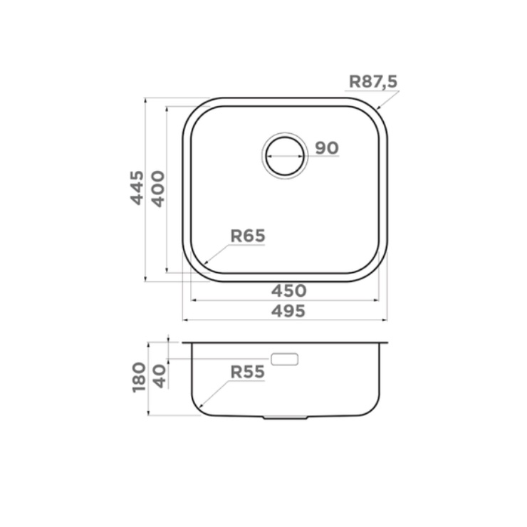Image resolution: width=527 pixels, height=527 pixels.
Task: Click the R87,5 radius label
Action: click(x=373, y=82)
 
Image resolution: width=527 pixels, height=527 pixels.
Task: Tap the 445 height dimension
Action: click(x=137, y=188)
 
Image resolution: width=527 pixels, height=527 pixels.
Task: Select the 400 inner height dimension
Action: click(x=158, y=189)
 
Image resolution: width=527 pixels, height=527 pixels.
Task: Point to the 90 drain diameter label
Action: click(x=327, y=148)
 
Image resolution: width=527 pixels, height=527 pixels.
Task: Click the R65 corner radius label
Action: click(x=248, y=236)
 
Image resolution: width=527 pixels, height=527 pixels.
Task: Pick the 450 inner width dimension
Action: click(x=288, y=291)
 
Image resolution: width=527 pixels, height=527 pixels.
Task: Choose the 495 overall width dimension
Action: click(x=288, y=311)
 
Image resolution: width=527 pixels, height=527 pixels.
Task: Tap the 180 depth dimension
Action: click(x=139, y=377)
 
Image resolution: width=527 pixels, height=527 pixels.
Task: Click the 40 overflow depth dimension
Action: click(x=160, y=377)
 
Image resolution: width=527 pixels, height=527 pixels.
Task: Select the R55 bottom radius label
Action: click(x=248, y=372)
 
